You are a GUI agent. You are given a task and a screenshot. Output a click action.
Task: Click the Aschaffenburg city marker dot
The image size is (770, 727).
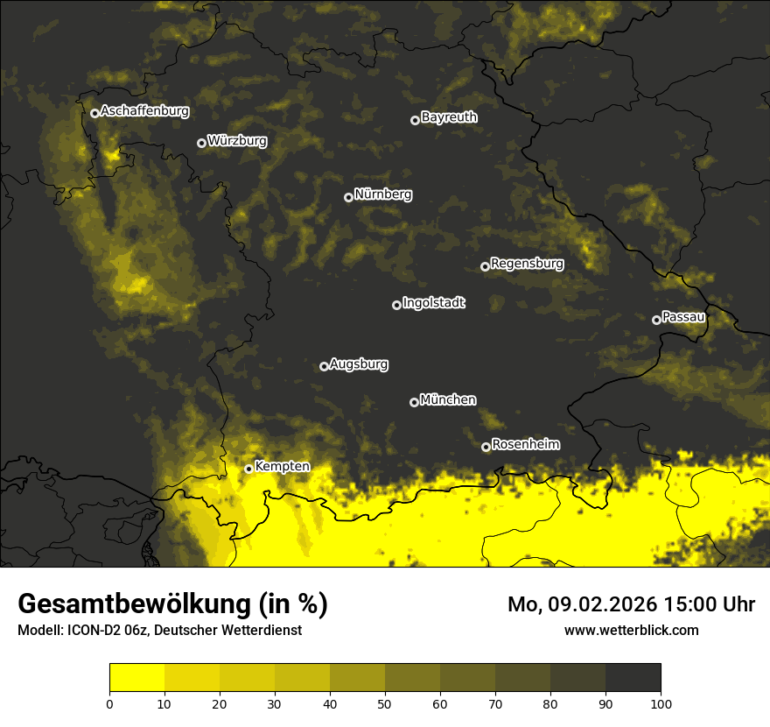94,113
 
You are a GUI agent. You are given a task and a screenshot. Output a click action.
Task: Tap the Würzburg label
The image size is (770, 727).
237,141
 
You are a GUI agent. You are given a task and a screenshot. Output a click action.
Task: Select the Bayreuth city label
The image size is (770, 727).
449,117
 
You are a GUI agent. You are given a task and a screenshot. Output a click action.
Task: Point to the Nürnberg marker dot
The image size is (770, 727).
348,197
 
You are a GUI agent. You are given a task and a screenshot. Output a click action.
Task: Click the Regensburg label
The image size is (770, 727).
527,264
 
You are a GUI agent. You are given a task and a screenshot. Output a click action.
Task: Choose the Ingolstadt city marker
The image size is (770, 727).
396,305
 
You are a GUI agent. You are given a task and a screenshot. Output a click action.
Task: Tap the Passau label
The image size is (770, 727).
683,317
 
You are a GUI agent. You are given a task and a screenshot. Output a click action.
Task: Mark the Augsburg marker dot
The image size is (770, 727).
324,366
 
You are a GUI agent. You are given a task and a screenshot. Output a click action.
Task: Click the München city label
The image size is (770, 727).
448,400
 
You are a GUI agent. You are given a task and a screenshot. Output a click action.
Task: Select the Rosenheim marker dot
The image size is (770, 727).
486,448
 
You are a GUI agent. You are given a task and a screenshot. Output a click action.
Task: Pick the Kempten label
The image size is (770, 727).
282,467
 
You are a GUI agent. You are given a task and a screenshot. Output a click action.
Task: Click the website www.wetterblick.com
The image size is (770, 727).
631,631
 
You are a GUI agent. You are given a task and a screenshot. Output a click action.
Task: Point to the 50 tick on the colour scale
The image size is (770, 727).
385,703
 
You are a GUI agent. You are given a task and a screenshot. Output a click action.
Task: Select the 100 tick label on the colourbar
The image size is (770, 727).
661,703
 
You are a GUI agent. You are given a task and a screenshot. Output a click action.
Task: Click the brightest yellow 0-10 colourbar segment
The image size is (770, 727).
136,677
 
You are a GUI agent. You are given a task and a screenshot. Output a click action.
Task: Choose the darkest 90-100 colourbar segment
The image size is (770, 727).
633,677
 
